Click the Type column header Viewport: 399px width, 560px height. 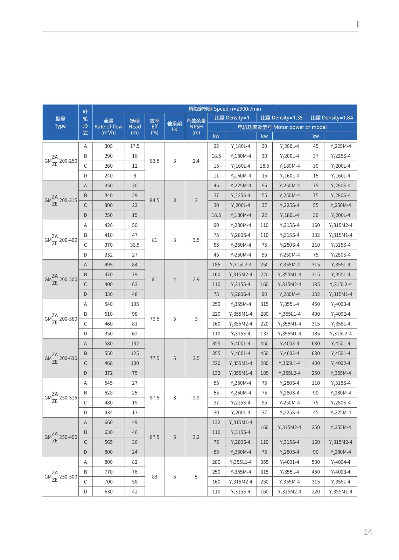(x=60, y=122)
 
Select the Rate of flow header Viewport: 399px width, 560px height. (x=108, y=127)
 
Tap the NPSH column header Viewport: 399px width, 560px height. (x=196, y=127)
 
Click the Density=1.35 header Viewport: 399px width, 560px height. (x=281, y=118)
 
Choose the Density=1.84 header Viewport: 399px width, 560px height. (x=332, y=118)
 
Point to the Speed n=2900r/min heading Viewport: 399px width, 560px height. (x=224, y=109)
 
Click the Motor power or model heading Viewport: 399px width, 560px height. (x=282, y=127)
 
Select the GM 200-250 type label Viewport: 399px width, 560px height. (x=61, y=161)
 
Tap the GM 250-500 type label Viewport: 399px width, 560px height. (x=61, y=477)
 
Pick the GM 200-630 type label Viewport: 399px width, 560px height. (x=61, y=358)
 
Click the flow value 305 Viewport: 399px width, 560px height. (x=108, y=146)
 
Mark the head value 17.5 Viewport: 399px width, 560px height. (x=135, y=146)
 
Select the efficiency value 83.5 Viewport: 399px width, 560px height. (x=154, y=161)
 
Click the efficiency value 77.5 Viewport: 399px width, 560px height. (x=154, y=358)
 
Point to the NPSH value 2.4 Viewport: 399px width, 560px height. (x=196, y=161)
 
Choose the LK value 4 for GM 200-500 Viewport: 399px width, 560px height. (x=175, y=279)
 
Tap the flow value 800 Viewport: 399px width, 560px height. (x=108, y=462)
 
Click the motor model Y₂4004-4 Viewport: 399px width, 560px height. (x=341, y=462)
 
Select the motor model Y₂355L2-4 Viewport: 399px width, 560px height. (x=289, y=373)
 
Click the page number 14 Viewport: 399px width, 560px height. (x=368, y=532)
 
